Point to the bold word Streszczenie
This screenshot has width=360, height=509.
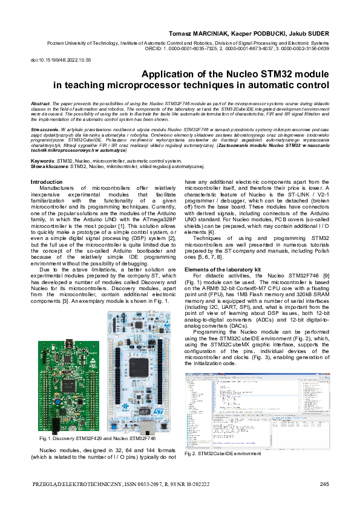coord(45,129)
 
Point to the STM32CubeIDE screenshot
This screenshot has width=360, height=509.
coord(257,410)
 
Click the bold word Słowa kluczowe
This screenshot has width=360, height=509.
coord(49,166)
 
